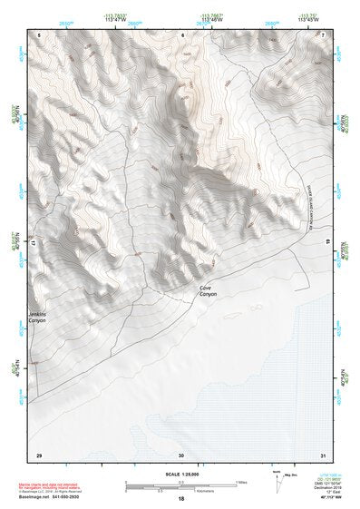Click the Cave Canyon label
click(x=209, y=292)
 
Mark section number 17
click(x=32, y=243)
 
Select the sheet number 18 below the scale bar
click(x=181, y=500)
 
